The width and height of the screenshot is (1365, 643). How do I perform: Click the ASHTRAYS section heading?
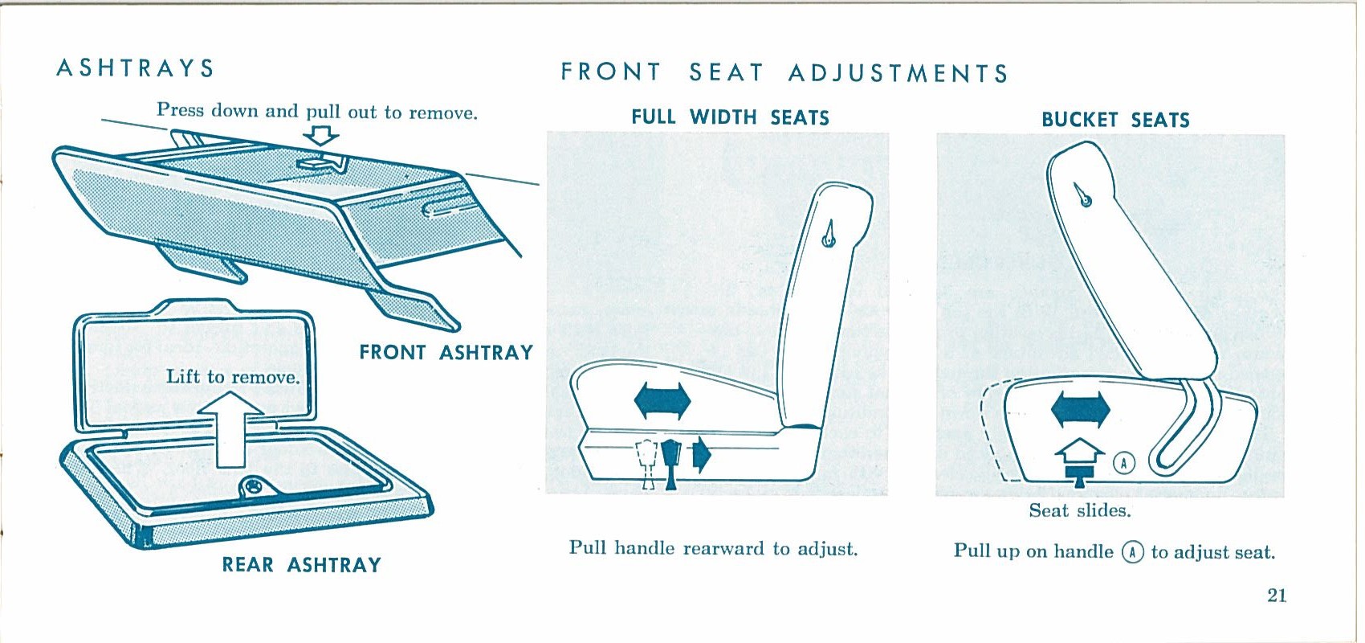135,68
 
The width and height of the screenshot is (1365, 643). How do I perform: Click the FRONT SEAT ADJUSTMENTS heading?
784,73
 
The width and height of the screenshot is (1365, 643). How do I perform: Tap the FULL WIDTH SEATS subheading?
730,117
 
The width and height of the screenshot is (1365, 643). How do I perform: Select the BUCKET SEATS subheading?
1115,120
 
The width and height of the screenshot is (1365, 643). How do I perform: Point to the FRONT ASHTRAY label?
446,353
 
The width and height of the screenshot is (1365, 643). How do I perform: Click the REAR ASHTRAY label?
302,564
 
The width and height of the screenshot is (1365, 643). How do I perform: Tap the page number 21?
1277,596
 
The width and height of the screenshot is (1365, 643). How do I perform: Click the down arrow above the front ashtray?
321,136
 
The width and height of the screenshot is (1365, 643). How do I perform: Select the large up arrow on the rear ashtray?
230,429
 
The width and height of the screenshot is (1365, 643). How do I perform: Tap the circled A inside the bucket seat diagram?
1124,464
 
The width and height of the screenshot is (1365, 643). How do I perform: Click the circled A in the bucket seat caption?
1132,552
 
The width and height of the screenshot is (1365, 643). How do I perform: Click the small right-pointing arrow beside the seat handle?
702,455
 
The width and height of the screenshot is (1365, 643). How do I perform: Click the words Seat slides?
1080,510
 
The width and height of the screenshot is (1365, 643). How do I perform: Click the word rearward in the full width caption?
723,548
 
